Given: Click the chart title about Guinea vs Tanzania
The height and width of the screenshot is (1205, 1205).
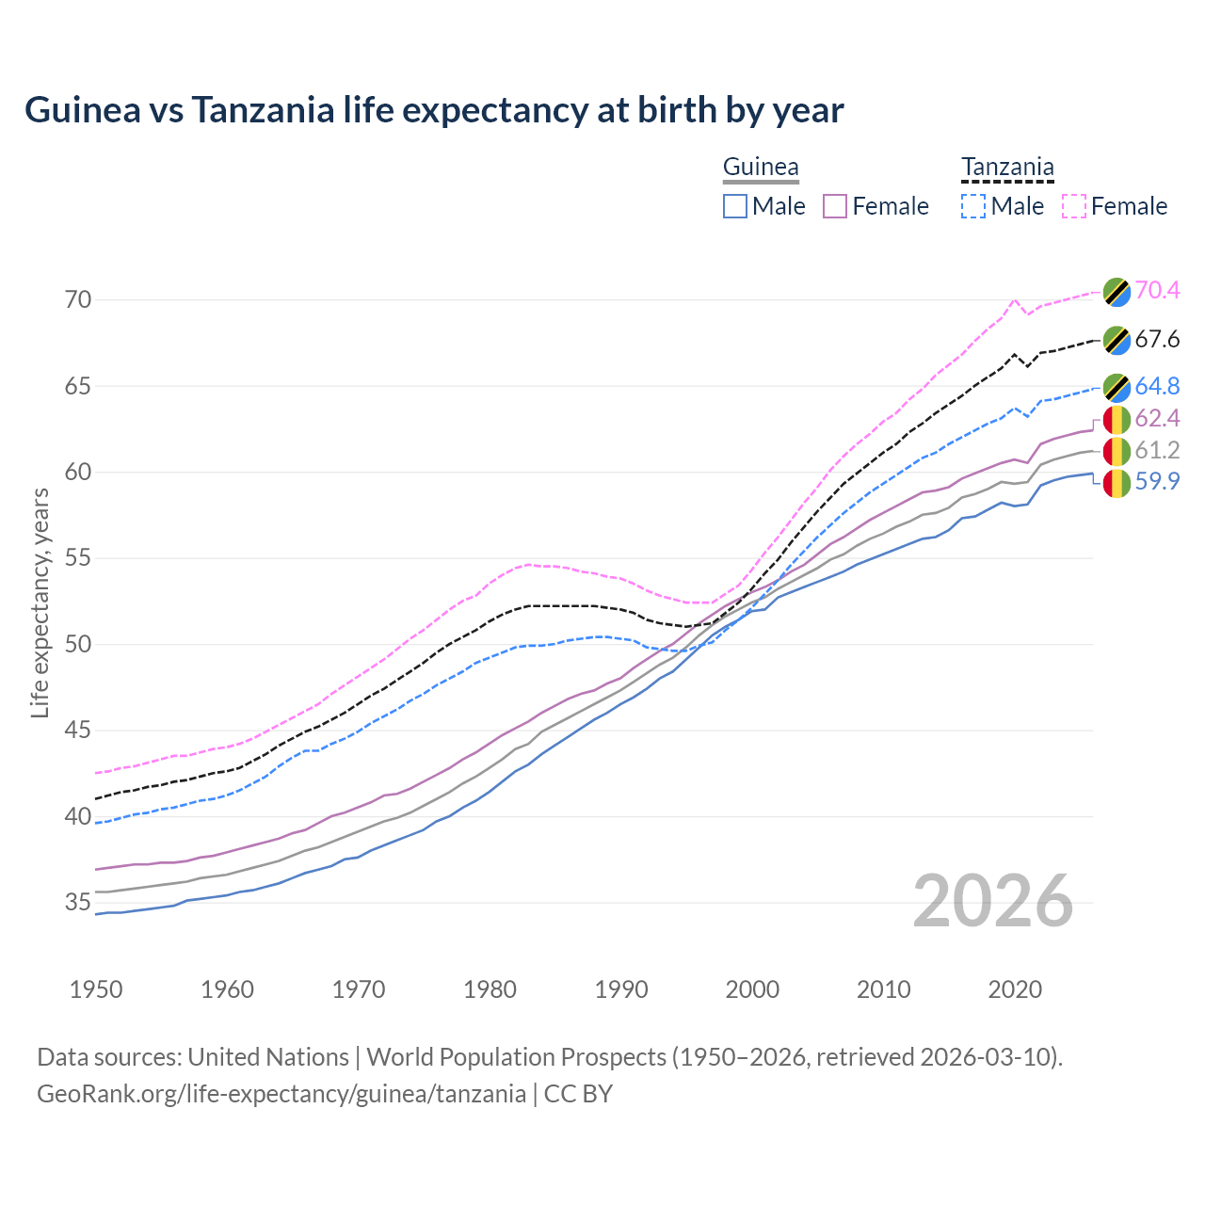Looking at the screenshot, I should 434,110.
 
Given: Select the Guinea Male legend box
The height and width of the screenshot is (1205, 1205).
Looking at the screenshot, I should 735,206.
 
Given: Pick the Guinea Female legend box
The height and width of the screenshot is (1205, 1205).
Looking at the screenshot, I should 835,206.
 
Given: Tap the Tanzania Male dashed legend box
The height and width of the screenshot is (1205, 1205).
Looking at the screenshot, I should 973,206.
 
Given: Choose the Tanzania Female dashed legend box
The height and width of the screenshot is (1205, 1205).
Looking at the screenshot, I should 1073,206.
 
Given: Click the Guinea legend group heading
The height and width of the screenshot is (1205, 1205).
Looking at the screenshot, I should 761,168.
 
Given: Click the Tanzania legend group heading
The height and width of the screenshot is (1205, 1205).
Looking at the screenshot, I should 1007,168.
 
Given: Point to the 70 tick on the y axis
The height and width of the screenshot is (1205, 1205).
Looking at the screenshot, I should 78,300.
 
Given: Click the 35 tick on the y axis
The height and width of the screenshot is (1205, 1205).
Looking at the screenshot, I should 78,903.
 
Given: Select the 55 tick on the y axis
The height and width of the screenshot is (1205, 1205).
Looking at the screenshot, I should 78,558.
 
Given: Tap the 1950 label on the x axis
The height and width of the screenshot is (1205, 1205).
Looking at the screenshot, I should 96,989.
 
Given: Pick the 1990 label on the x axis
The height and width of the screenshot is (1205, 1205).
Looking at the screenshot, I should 621,989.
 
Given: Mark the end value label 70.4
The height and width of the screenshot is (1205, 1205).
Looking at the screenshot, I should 1157,291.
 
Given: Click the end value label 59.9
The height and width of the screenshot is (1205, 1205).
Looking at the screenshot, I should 1157,482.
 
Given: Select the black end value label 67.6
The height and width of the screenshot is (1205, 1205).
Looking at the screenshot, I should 1157,340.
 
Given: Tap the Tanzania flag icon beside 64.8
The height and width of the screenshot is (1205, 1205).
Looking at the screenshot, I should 1117,387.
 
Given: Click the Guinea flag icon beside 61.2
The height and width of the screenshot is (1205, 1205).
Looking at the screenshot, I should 1117,451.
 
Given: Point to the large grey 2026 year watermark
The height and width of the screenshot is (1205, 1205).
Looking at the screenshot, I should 993,902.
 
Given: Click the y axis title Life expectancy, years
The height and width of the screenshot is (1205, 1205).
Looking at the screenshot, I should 40,602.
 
